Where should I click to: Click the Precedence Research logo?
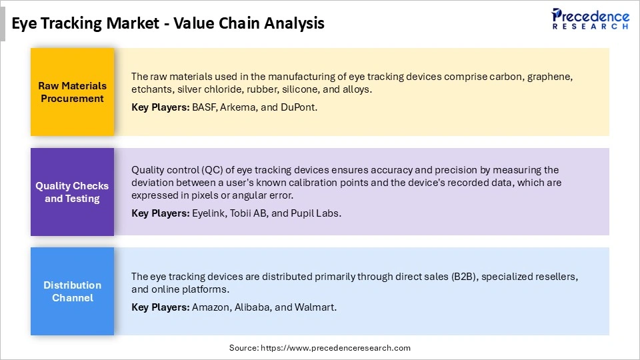pyautogui.click(x=590, y=19)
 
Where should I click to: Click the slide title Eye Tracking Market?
pyautogui.click(x=168, y=23)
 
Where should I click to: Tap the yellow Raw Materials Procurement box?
pyautogui.click(x=72, y=92)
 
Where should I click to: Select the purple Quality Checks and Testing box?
pyautogui.click(x=72, y=192)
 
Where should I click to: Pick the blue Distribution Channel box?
pyautogui.click(x=72, y=291)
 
